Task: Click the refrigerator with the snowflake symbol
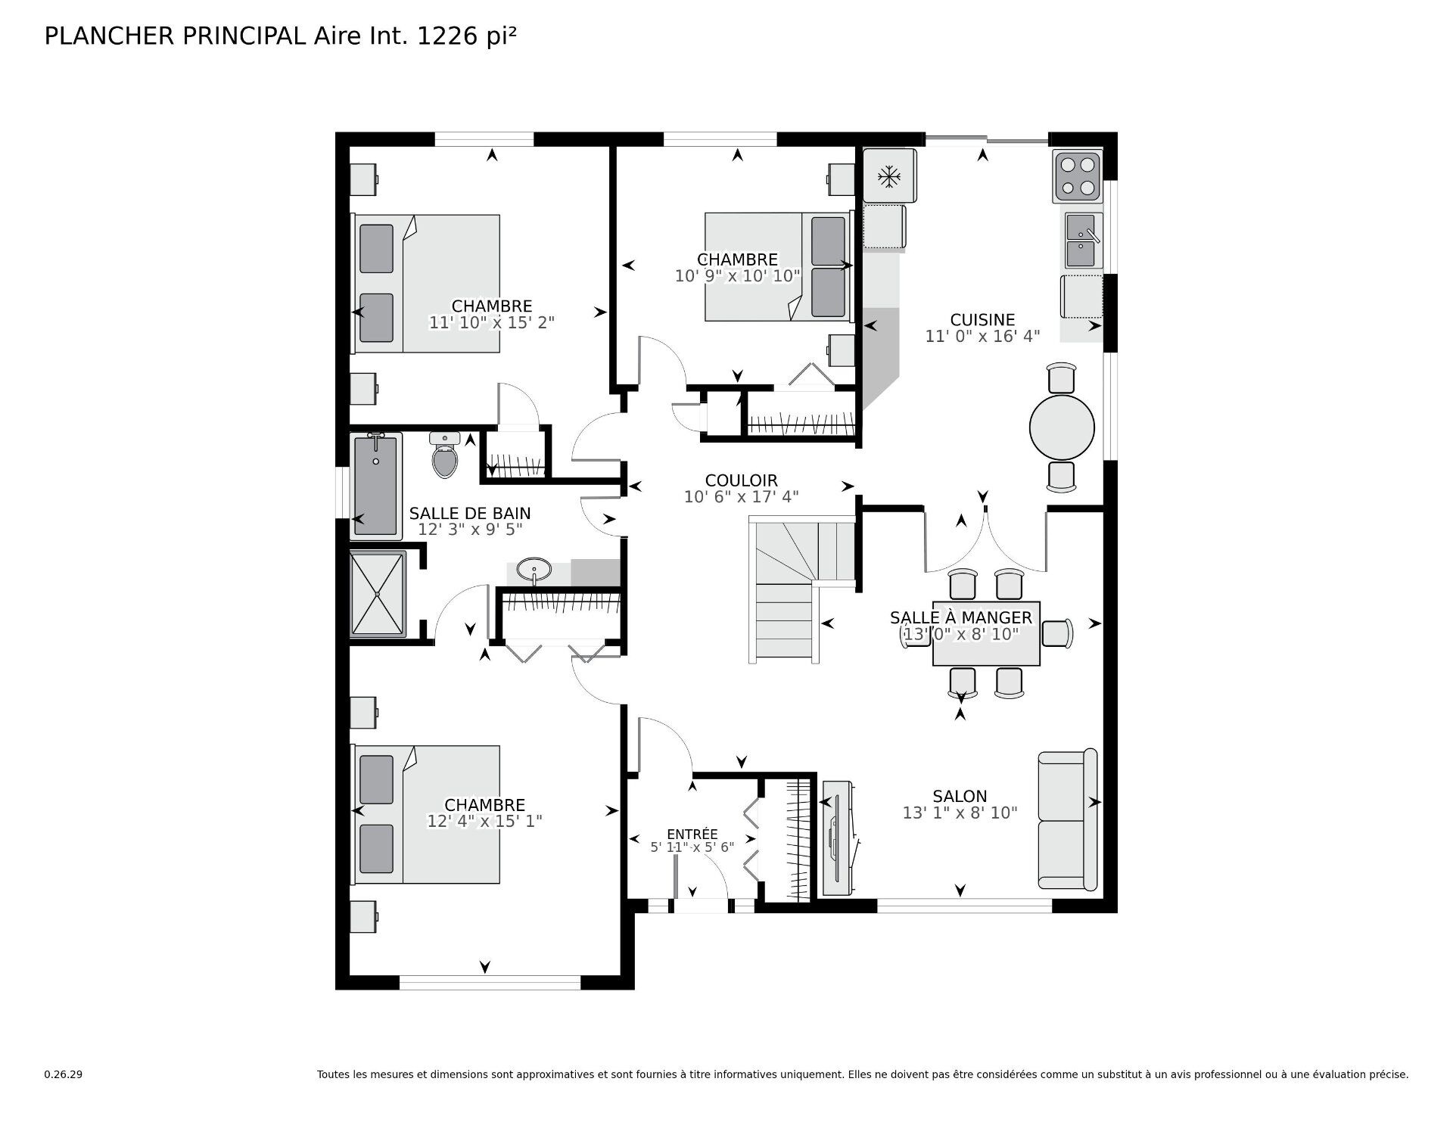(889, 176)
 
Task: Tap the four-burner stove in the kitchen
(1078, 176)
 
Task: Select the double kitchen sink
(1084, 241)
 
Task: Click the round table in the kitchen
(1062, 427)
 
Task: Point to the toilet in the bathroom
(445, 456)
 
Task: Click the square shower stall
(378, 594)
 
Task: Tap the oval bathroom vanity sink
(534, 568)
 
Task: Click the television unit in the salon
(839, 838)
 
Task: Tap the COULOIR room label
(741, 480)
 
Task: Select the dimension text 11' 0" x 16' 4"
(982, 336)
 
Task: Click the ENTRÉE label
(692, 834)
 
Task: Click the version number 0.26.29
(63, 1074)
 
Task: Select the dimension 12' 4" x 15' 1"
(484, 821)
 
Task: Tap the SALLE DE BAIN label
(469, 513)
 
